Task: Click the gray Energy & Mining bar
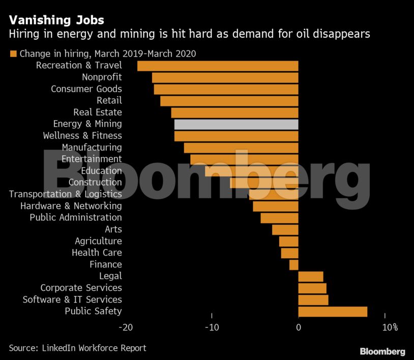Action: point(236,124)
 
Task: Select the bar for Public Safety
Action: point(333,312)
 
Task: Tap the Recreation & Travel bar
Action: point(218,66)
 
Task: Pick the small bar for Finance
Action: point(293,265)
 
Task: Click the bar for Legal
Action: point(310,276)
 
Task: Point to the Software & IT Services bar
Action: point(313,300)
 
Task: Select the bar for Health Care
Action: point(289,253)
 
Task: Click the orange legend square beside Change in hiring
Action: point(13,53)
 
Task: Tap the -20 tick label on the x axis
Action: point(125,327)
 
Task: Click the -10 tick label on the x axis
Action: point(212,327)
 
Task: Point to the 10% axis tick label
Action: point(390,327)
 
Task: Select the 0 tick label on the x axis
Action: point(299,327)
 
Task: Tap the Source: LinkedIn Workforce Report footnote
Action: point(77,348)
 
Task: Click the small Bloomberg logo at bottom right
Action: point(382,351)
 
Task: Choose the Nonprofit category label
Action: point(102,77)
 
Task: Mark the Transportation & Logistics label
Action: point(65,195)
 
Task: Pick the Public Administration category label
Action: point(76,218)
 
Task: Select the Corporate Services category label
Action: point(81,288)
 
